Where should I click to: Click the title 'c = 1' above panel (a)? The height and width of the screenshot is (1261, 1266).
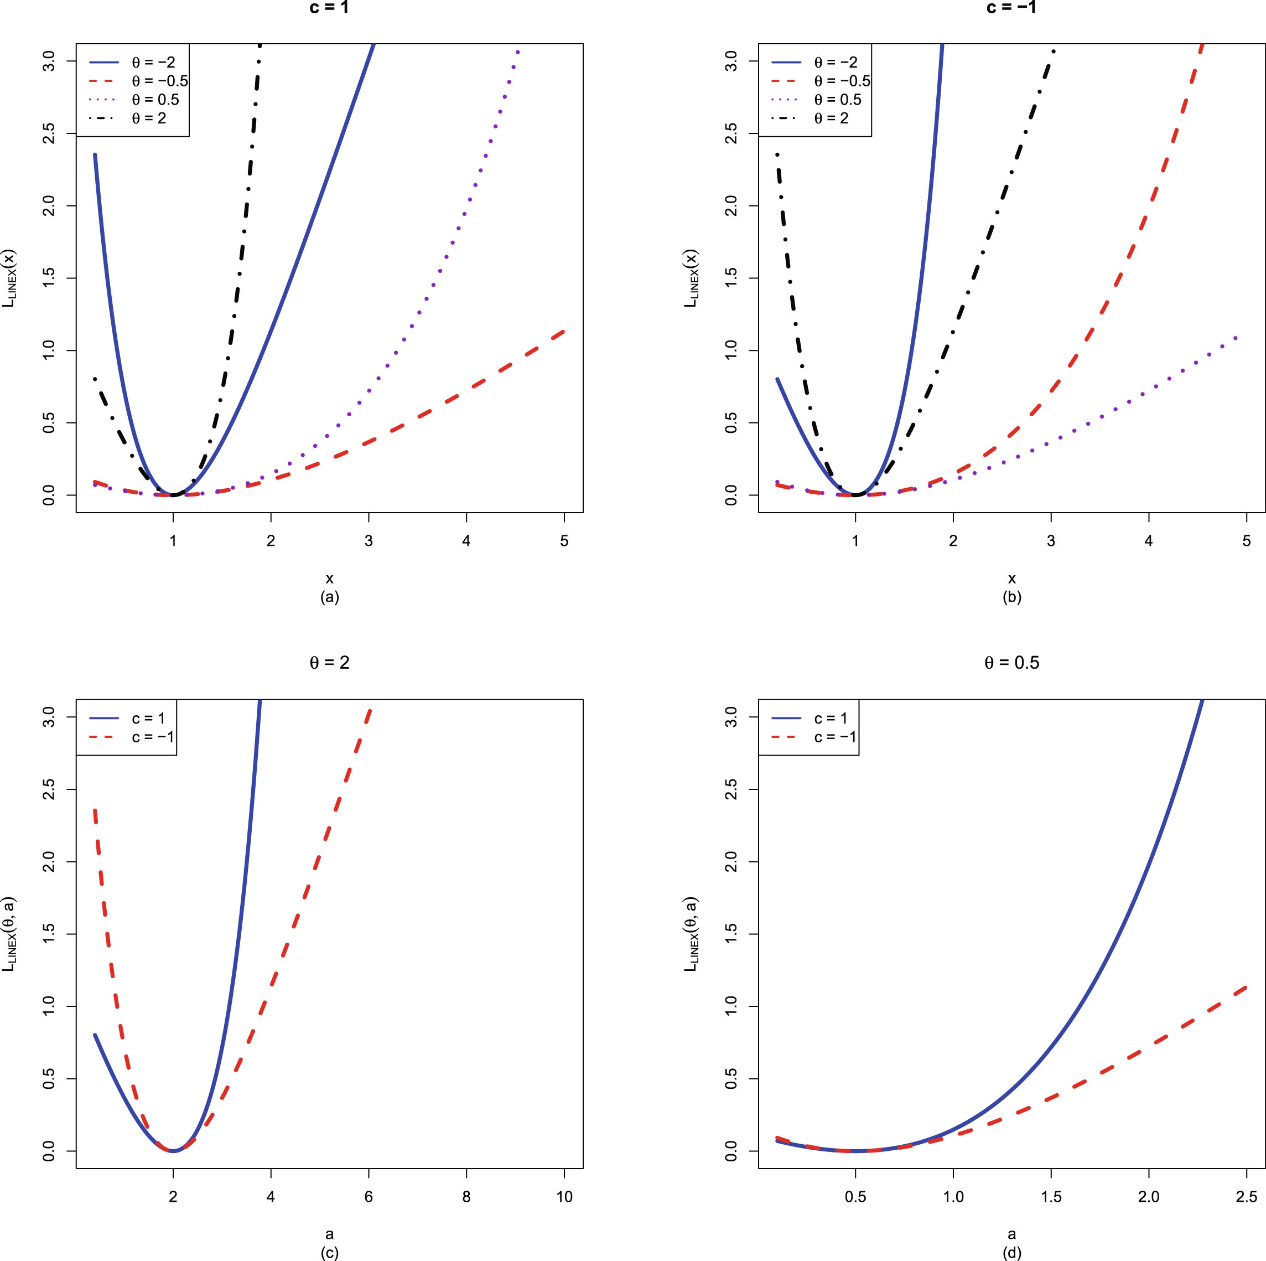(x=329, y=8)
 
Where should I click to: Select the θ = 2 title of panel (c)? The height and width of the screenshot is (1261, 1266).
(x=329, y=663)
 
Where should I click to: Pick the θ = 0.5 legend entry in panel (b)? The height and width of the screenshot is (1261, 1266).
(x=837, y=100)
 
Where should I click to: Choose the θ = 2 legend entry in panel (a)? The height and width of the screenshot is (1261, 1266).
(x=149, y=118)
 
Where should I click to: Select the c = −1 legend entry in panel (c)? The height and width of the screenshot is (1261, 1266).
(x=153, y=737)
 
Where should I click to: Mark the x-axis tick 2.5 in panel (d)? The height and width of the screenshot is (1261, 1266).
(x=1246, y=1197)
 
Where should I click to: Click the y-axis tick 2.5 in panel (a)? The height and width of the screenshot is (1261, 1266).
(x=50, y=134)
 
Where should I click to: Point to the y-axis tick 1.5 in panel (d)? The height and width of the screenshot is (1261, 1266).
(x=732, y=934)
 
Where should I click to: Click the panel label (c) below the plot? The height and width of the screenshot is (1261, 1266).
(x=329, y=1253)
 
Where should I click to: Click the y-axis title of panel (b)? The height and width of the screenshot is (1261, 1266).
(x=691, y=278)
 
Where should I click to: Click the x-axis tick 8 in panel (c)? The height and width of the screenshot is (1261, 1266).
(x=466, y=1197)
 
